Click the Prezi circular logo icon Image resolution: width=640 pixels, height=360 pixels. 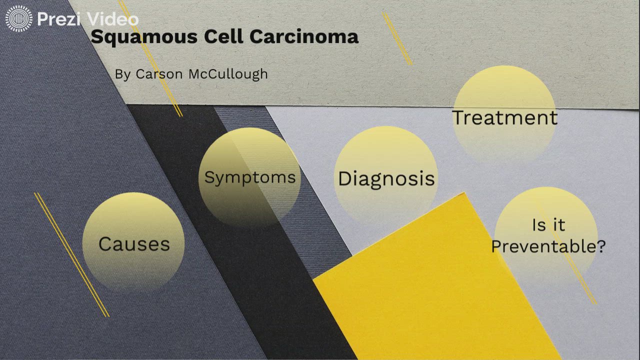click(x=18, y=19)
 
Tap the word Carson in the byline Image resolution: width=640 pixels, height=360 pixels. click(x=159, y=74)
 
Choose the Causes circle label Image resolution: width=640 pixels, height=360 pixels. click(x=134, y=244)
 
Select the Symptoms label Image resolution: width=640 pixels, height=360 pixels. click(x=250, y=177)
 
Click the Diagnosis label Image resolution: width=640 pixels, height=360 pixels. click(x=386, y=178)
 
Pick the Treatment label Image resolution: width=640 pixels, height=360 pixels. click(x=504, y=117)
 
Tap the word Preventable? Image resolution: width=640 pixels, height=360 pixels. click(x=548, y=246)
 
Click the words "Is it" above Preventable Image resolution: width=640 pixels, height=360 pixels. click(x=548, y=225)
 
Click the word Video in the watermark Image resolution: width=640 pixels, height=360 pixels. click(x=113, y=19)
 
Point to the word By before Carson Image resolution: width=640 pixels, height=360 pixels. click(x=122, y=74)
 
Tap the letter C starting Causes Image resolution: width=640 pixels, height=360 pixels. click(x=105, y=244)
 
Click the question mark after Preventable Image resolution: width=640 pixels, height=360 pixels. click(x=600, y=246)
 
